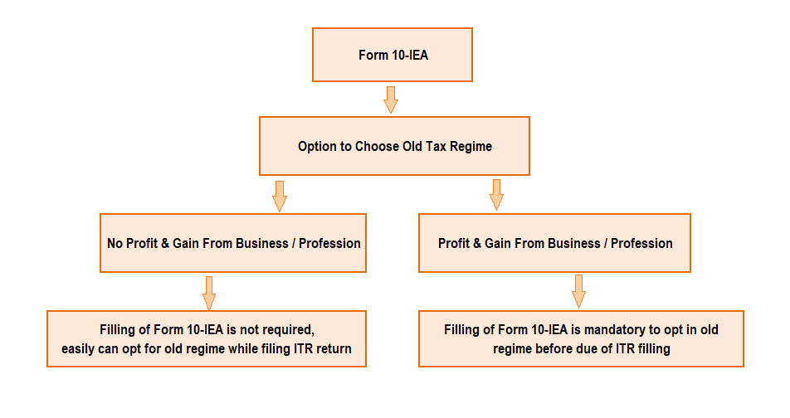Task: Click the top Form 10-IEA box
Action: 392,55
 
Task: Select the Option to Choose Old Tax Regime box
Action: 394,146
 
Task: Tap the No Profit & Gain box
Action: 233,243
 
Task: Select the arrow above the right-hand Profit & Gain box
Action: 496,194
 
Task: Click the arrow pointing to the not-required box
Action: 208,292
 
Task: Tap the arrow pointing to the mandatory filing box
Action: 578,291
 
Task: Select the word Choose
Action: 378,147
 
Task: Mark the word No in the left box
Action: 115,244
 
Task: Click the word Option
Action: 318,147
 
